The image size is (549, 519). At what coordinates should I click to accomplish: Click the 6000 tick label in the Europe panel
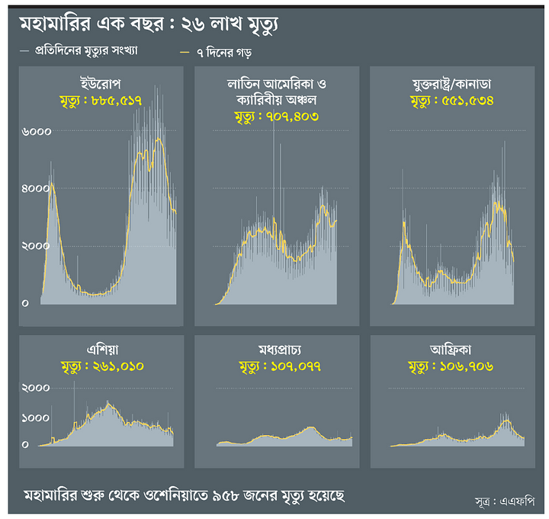[x=36, y=131]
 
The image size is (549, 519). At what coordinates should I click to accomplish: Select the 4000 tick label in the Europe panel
[x=36, y=189]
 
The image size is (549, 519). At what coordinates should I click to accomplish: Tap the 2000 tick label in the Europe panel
[x=36, y=246]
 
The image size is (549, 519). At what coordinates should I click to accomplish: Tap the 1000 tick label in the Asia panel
[x=35, y=418]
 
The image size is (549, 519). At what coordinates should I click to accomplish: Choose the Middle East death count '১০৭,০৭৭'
[x=292, y=366]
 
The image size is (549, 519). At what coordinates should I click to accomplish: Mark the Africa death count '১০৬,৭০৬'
[x=467, y=366]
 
